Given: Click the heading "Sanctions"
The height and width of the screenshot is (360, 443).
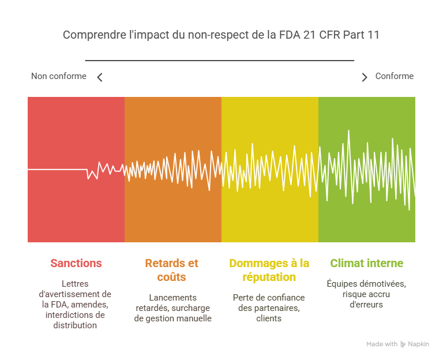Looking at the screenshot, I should point(76,263).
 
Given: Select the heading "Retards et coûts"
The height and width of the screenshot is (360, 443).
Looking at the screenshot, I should point(171,270).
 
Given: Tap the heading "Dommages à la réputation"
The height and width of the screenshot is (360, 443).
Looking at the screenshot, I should point(269,270).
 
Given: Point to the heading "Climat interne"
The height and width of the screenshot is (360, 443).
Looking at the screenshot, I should point(367,263).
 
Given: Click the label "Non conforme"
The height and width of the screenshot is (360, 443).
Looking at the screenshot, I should point(58,76).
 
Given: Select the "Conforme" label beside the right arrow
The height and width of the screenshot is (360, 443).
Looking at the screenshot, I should point(394,76).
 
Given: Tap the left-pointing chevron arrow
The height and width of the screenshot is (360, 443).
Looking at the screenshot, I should point(100,77).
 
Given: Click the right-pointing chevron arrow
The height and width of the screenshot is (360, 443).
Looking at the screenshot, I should point(364,77).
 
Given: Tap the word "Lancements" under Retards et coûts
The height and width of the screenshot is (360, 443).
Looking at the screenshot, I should point(172,298).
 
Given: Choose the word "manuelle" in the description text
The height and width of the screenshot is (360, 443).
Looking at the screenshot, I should point(193,318).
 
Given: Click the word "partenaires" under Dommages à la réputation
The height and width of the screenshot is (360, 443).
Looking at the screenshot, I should point(278,308).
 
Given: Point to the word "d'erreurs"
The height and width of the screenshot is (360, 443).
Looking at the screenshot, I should point(366,304).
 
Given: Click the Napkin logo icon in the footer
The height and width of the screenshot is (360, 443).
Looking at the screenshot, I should point(403,344).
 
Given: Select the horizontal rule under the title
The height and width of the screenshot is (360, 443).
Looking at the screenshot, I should point(220,60).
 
